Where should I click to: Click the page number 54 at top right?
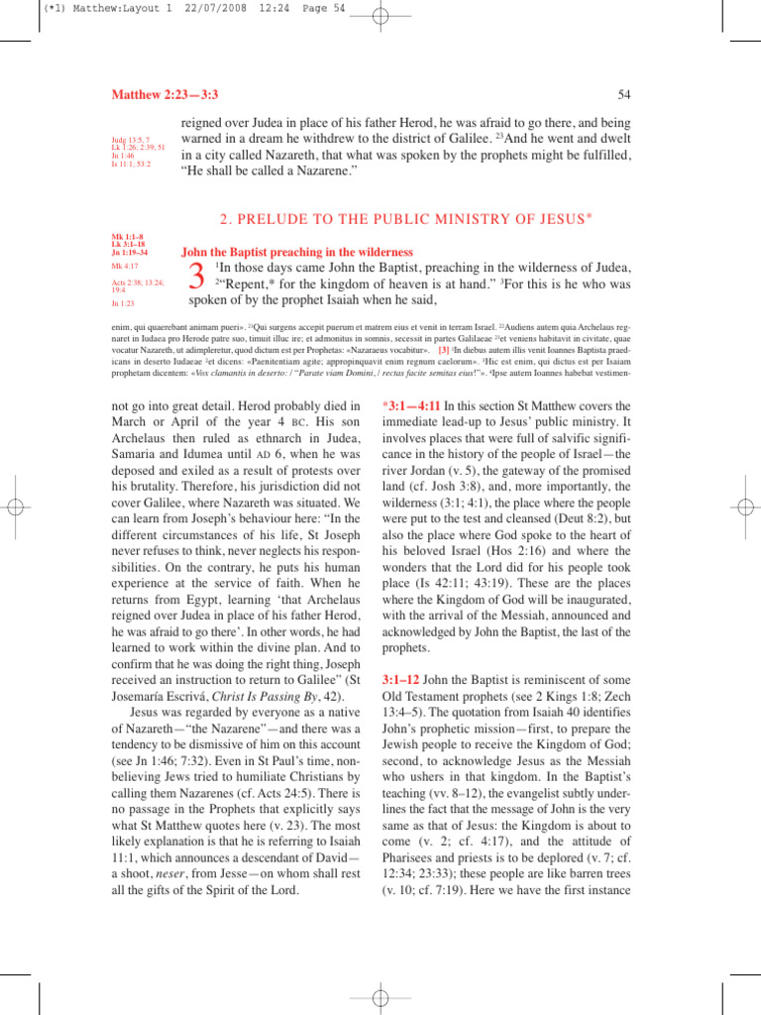[x=624, y=94]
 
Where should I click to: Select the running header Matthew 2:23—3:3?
[x=163, y=94]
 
